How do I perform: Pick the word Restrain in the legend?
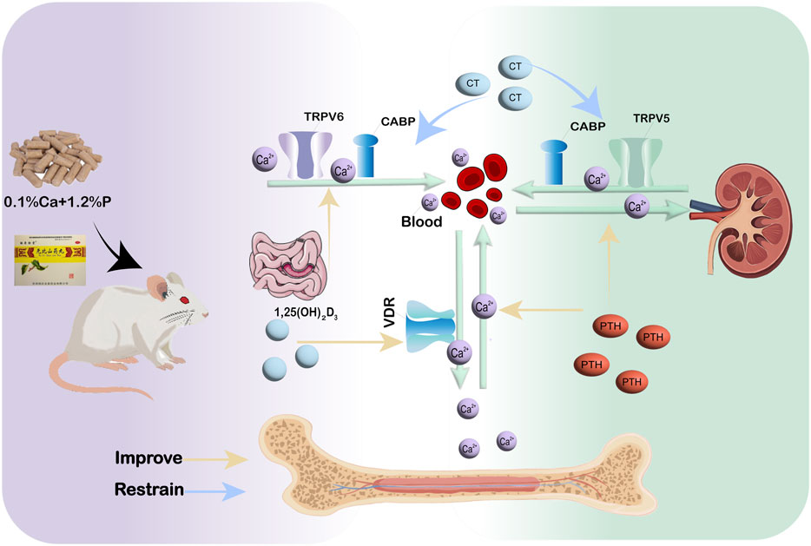pos(148,490)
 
